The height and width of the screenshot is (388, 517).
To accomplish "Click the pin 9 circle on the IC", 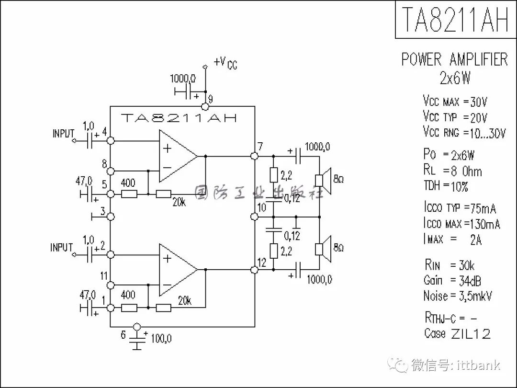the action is (x=205, y=106).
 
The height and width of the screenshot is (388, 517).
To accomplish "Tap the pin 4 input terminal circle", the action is (x=111, y=140).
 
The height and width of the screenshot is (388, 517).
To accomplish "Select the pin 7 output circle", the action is (x=254, y=156).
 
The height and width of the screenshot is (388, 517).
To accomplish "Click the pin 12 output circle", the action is (x=254, y=270).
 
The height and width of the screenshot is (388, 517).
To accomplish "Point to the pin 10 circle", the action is (x=254, y=217).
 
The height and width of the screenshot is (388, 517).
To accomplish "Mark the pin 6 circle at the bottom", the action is (x=136, y=327).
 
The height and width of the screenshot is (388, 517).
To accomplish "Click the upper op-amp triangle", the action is (x=178, y=156).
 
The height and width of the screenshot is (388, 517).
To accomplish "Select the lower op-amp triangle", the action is (x=178, y=270).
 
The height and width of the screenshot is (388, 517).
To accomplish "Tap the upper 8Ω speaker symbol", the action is (x=323, y=181).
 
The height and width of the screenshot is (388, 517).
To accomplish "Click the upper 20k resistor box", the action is (x=164, y=194).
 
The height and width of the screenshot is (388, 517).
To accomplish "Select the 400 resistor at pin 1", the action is (x=129, y=308).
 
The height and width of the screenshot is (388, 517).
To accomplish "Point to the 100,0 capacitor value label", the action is (x=161, y=339).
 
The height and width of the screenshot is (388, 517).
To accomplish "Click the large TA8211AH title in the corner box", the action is (x=455, y=19).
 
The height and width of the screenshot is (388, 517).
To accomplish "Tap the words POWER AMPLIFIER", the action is (x=454, y=59).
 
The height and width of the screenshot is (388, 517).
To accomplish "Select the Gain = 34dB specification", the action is (x=452, y=280).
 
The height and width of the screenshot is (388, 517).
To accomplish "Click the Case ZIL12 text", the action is (x=457, y=333).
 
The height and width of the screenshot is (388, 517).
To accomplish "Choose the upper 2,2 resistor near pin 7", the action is (x=274, y=175).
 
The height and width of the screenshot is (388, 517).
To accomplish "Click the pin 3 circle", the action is (x=111, y=217).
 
